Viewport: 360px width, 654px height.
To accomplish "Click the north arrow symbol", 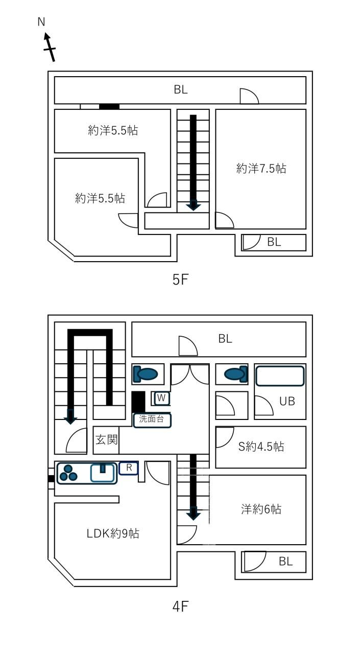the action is point(49,47).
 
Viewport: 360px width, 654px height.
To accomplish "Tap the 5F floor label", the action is point(180,279).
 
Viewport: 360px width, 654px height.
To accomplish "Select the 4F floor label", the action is point(180,606).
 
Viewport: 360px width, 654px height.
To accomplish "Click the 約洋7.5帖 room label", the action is point(261,169).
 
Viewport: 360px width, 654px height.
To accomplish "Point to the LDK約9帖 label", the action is point(113,533).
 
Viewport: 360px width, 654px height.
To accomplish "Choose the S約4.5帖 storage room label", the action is point(261,447).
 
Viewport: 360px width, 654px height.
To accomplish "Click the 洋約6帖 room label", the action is point(261,509).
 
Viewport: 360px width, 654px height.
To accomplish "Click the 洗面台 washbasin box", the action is point(152,421).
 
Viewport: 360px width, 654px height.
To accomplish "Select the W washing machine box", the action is point(162,398).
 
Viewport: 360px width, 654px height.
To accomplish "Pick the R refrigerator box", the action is point(129,468).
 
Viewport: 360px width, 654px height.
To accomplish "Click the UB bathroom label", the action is point(287,402).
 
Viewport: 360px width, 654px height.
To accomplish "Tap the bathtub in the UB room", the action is point(280,376).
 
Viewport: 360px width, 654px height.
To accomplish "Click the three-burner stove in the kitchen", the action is point(68,473).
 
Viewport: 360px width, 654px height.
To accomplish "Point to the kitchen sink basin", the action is point(102,473).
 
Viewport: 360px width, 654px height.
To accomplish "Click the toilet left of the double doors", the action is point(146,373).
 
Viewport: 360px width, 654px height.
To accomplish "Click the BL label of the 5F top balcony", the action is point(181,89).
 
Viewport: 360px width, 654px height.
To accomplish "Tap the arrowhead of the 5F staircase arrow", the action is point(194,205).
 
